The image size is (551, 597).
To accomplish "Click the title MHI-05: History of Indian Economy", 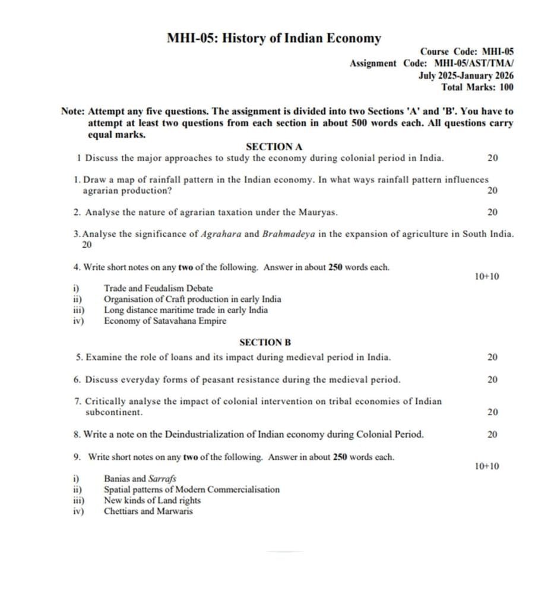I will (274, 39).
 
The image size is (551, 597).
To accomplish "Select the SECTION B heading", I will (265, 343).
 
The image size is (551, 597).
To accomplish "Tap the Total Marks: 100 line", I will (477, 87).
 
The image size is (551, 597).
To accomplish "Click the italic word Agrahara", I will (221, 234).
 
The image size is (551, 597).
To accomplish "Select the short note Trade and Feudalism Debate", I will (158, 288).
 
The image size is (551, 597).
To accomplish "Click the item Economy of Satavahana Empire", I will (165, 321).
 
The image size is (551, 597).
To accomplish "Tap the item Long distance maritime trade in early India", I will (185, 310).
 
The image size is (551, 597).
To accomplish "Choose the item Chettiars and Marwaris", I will (148, 511).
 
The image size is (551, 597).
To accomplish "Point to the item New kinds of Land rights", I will (152, 500).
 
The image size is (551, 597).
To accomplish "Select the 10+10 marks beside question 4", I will (487, 277).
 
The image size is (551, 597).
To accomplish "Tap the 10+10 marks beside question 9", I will (487, 467).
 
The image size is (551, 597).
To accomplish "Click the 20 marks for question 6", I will (492, 380).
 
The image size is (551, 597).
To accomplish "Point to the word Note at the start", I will (72, 111).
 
